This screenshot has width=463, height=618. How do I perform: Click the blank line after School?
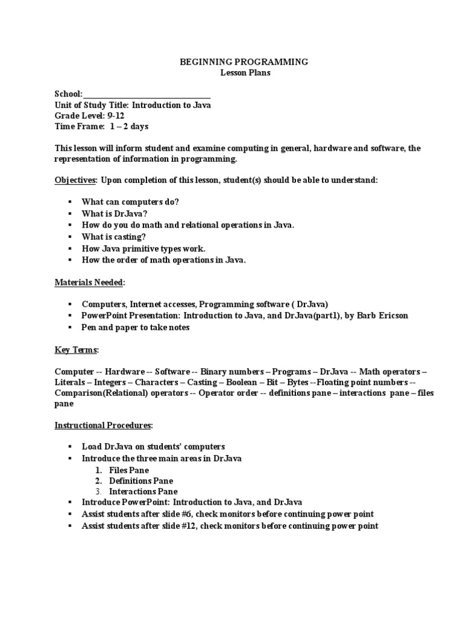[147, 94]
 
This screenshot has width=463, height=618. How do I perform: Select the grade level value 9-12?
[115, 116]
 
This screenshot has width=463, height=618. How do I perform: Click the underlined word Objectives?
[75, 180]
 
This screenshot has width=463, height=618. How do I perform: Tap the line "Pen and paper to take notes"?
[136, 327]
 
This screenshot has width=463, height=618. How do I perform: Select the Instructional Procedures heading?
[103, 425]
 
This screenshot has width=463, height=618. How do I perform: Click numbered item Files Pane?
[129, 470]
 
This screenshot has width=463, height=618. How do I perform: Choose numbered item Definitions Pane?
[141, 480]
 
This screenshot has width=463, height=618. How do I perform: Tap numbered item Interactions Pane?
[143, 491]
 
